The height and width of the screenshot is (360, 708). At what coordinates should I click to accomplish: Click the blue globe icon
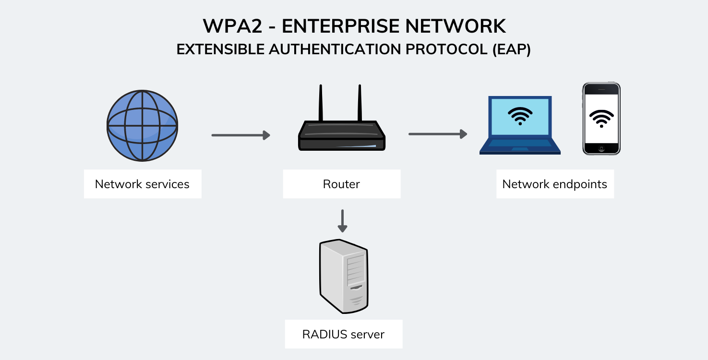(x=142, y=125)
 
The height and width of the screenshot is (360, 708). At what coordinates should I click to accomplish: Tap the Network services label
(x=142, y=184)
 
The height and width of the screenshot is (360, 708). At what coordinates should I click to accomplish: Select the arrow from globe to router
(x=240, y=135)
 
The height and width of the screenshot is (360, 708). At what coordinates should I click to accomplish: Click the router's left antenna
(x=321, y=103)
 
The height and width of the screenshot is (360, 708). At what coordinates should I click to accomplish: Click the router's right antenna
(x=359, y=103)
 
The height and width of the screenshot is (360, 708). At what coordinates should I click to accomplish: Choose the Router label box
(x=341, y=184)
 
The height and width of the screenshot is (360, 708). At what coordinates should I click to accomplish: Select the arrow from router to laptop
(x=437, y=134)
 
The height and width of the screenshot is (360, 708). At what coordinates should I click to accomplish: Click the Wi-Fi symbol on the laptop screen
(x=520, y=116)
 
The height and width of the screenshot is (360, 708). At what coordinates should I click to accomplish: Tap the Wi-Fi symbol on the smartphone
(x=601, y=118)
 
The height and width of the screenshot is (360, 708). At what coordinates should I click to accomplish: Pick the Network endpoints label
(x=554, y=184)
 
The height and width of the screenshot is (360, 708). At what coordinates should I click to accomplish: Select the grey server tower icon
(x=344, y=276)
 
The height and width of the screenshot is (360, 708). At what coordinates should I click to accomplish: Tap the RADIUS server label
(x=343, y=334)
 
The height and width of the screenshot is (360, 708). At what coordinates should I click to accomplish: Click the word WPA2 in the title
(x=232, y=26)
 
